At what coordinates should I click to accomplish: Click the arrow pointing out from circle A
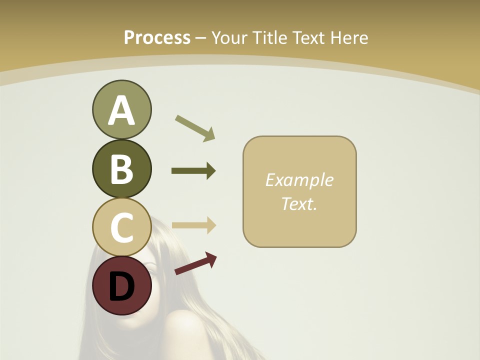point(195,128)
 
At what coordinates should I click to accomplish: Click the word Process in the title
point(157,37)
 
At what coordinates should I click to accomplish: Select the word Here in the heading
point(349,37)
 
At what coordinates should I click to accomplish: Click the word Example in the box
point(299,180)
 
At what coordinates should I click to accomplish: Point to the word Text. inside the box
point(299,203)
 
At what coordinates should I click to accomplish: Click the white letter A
point(121,110)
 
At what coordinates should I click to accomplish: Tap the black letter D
point(121,286)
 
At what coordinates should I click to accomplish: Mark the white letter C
point(121,227)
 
